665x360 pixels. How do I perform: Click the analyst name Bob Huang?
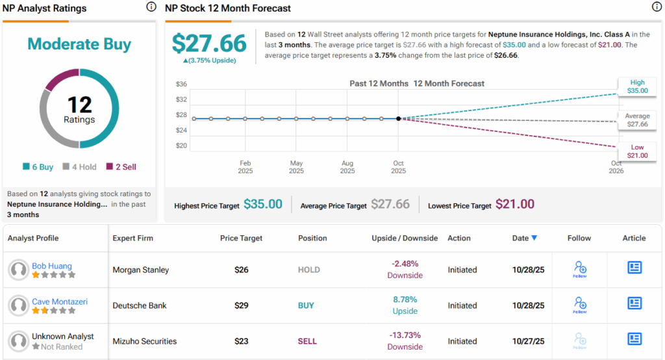coord(52,266)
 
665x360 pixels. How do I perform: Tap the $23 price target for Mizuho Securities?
coord(241,341)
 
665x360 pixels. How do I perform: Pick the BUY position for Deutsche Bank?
coord(306,305)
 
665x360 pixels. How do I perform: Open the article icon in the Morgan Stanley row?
coord(634,268)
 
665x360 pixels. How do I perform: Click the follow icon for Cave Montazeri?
coord(580,304)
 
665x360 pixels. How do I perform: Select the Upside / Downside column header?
coord(405,238)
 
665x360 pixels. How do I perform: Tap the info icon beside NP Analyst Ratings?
coord(151,7)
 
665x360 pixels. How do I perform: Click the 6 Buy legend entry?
coord(38,167)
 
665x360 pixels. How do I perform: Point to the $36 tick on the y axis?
coord(181,84)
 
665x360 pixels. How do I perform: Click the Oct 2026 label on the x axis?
coord(616,167)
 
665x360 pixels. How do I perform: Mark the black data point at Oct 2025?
coord(398,118)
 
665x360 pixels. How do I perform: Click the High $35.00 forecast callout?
coord(637,86)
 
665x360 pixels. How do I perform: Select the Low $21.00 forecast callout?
coord(637,151)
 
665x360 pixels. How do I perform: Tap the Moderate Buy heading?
coord(79,44)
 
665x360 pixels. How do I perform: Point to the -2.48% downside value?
coord(405,264)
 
